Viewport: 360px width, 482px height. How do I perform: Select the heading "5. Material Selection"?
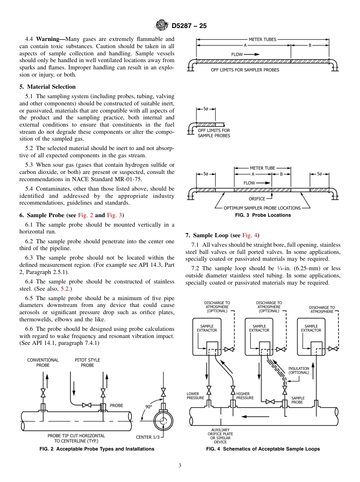click(x=47, y=87)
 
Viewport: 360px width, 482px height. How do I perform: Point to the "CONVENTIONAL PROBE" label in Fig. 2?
click(x=43, y=363)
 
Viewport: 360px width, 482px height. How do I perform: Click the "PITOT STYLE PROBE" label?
click(x=87, y=363)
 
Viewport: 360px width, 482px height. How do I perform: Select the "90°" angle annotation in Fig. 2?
click(x=149, y=407)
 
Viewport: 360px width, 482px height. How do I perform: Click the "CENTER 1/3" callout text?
click(x=149, y=437)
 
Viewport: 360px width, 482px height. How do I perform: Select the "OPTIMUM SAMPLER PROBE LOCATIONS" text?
click(x=262, y=208)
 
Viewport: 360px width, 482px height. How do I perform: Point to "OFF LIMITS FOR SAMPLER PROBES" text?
click(x=245, y=70)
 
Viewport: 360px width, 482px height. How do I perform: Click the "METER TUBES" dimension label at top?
click(x=262, y=39)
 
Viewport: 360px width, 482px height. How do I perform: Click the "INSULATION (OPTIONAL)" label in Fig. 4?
click(x=299, y=370)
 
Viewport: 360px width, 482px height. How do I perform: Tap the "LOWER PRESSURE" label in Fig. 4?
click(x=195, y=396)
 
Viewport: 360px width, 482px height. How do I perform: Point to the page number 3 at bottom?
click(x=180, y=466)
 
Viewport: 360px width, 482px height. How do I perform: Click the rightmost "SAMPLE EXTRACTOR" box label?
click(x=311, y=328)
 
